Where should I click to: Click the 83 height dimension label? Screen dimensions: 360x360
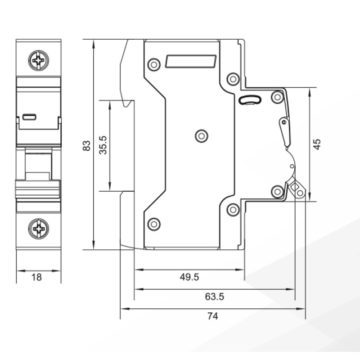tap(86, 146)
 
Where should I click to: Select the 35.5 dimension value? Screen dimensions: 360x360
tap(103, 145)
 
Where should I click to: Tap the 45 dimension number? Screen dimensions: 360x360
tap(317, 144)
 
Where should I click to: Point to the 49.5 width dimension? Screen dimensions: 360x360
tap(189, 277)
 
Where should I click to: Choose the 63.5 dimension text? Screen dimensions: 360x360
tap(215, 297)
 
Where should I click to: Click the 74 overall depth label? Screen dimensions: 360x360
tap(213, 316)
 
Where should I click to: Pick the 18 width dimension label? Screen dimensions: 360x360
tap(36, 277)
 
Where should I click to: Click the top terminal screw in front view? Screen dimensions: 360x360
tap(38, 60)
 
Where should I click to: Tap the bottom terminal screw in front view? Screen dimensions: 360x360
tap(38, 229)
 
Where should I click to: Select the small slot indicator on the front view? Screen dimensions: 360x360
tap(29, 117)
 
